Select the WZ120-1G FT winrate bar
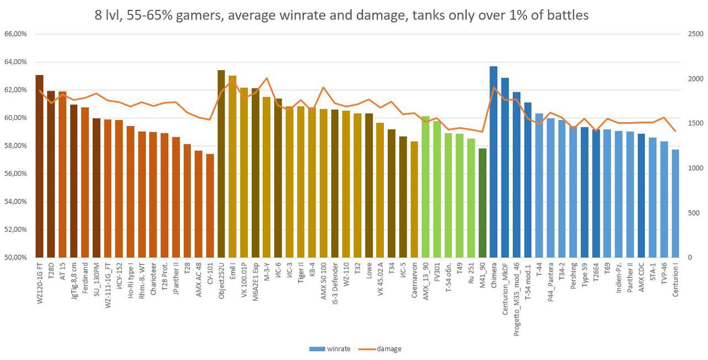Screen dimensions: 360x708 point(39,166)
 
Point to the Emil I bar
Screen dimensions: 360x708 point(232,166)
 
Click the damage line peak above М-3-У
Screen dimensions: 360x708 point(267,78)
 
